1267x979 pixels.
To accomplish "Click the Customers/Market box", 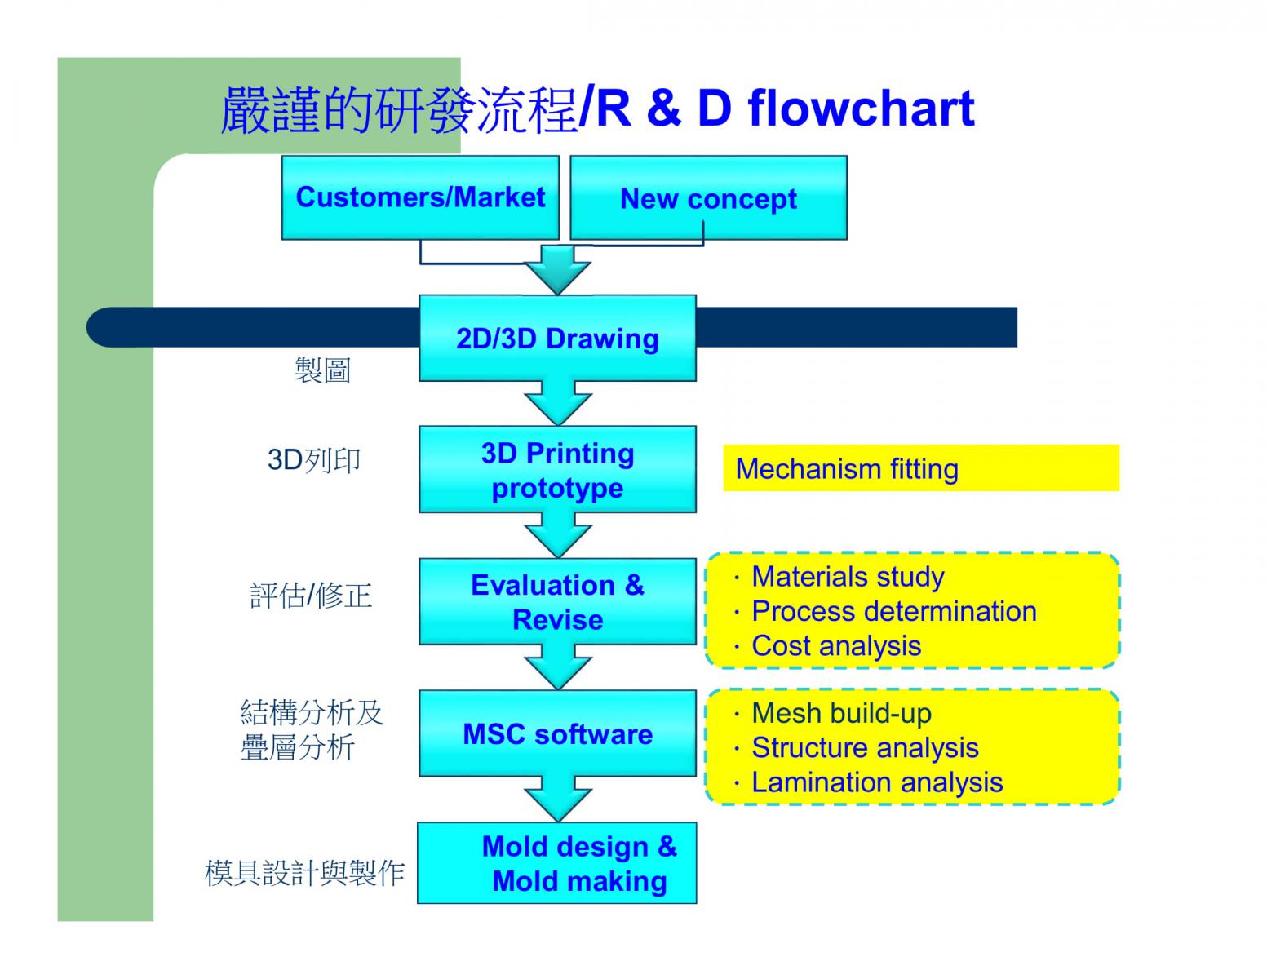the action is point(420,197).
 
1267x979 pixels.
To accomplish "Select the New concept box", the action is point(708,197).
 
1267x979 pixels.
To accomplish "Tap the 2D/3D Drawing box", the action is point(557,339).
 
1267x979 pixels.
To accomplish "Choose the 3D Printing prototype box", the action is point(557,469).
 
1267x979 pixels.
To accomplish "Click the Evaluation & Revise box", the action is point(557,602).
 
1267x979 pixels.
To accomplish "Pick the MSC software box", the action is point(557,733).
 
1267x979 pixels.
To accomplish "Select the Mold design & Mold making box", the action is point(557,863).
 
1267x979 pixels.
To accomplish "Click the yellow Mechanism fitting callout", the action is point(921,468).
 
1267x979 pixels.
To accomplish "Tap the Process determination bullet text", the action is point(894,612).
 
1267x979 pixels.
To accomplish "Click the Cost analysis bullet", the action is point(836,646).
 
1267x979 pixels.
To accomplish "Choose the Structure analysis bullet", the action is point(866,748).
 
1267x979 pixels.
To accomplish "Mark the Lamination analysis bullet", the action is point(877,782).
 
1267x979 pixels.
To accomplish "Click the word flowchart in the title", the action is point(862,109).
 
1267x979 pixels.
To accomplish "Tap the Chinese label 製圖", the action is point(322,370).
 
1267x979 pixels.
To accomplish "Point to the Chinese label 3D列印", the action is point(313,460).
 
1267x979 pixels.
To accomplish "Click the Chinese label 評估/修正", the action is point(311,596).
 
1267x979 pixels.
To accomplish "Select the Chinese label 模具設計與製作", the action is point(305,873).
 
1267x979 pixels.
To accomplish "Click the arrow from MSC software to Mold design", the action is point(558,800).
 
